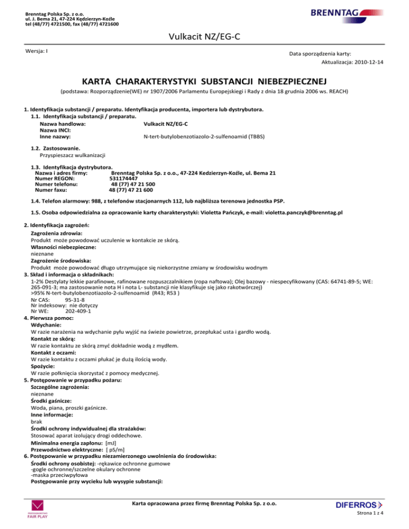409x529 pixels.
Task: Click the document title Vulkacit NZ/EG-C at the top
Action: pyautogui.click(x=204, y=37)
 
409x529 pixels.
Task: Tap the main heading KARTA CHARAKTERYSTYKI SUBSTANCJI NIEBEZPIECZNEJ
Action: pyautogui.click(x=204, y=82)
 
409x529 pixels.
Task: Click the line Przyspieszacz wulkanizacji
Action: pyautogui.click(x=72, y=155)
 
